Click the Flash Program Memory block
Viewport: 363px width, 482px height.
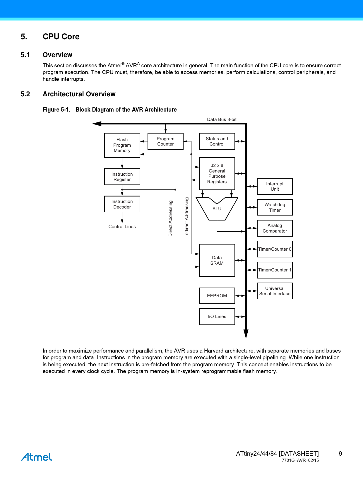coord(122,145)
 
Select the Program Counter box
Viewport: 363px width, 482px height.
coord(165,141)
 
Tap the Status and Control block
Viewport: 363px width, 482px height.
coord(217,141)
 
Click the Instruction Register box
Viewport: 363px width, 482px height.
coord(122,177)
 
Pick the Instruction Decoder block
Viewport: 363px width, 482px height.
coord(122,204)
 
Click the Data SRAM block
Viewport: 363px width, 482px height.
coord(217,260)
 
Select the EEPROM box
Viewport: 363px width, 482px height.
coord(217,296)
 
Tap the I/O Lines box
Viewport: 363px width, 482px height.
coord(217,317)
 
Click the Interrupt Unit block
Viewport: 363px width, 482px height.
coord(275,187)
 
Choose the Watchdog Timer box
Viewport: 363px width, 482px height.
coord(275,207)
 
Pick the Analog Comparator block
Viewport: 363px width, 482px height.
coord(275,228)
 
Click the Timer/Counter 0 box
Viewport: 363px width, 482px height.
coord(275,249)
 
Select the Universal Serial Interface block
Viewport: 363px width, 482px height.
coord(275,291)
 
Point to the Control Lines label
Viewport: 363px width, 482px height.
coord(122,227)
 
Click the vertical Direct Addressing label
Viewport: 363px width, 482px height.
coord(170,218)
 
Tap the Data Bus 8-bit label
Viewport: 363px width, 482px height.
coord(222,119)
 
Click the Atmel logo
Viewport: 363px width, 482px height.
coord(37,457)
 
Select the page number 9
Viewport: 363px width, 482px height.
coord(340,454)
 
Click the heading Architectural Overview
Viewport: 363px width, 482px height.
coord(79,94)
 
